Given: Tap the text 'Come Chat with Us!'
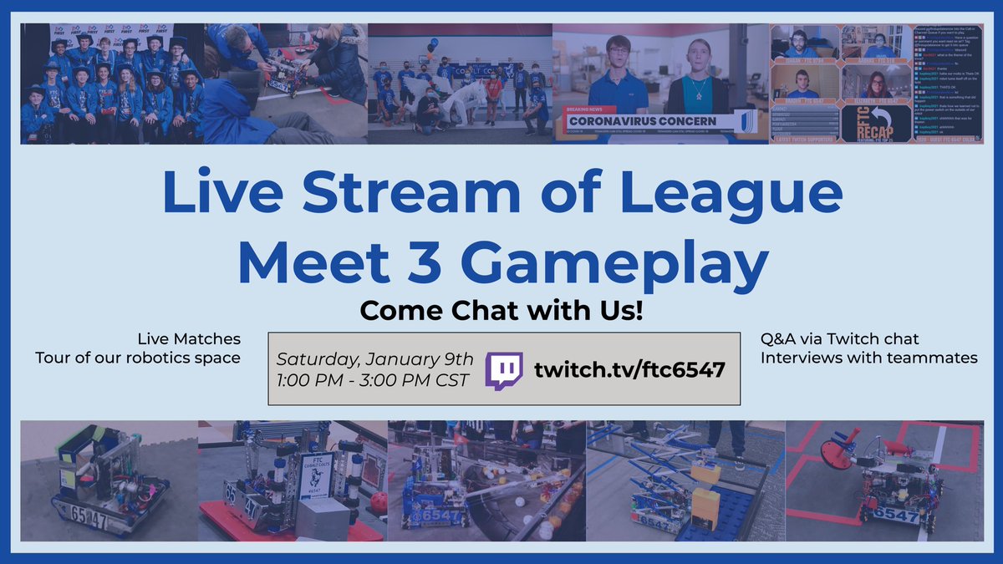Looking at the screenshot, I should tap(501, 311).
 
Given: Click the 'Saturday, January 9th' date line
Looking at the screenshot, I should tap(374, 359).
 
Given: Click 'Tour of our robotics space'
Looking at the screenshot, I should tap(138, 358).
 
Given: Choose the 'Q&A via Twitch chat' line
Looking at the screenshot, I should tap(839, 338).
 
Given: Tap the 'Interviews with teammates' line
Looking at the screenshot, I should tap(868, 358).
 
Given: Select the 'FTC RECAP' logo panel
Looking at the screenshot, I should tap(875, 122).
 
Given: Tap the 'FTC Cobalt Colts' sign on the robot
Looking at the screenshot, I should tap(317, 476).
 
